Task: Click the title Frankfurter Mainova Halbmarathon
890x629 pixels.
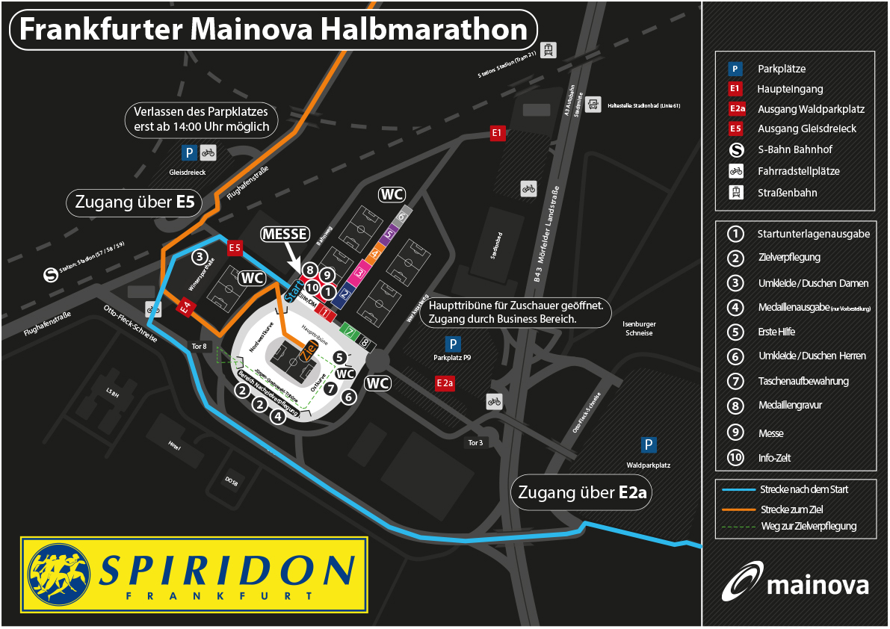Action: [273, 30]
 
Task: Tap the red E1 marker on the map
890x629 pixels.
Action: [498, 134]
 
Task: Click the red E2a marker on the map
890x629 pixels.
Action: [445, 383]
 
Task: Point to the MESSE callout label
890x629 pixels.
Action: [285, 235]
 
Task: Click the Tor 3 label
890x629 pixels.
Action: [475, 443]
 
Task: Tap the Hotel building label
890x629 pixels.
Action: [175, 447]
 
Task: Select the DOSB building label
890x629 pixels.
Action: [232, 482]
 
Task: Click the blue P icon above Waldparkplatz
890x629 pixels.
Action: [649, 445]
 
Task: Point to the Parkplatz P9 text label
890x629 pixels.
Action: [453, 358]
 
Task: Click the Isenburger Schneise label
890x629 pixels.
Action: [639, 329]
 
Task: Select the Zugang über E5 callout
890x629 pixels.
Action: [135, 202]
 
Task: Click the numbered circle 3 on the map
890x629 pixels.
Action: [199, 257]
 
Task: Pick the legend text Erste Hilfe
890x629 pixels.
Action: [777, 331]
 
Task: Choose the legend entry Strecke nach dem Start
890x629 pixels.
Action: [803, 490]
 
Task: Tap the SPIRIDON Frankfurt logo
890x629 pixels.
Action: [195, 574]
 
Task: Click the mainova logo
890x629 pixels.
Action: [795, 582]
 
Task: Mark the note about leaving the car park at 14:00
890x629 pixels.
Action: [201, 120]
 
